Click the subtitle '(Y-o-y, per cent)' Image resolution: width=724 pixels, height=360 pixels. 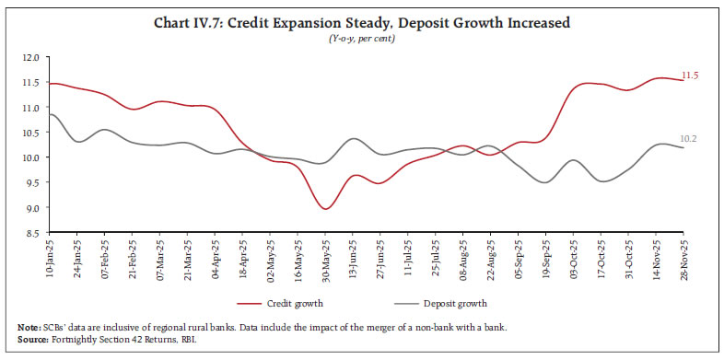coord(361,37)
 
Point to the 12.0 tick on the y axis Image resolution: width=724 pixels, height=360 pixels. coord(31,57)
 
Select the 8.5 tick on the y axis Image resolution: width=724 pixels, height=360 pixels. coord(31,233)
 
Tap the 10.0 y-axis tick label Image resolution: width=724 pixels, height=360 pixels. coord(31,157)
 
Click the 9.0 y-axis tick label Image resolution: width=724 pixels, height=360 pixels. coord(31,208)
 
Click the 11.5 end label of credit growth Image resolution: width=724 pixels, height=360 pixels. coord(691,75)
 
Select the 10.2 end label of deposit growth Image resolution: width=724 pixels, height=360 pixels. coord(690,139)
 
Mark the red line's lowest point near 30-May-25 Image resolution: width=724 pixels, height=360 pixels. coord(325,209)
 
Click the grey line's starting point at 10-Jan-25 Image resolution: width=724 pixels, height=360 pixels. coord(48,114)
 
